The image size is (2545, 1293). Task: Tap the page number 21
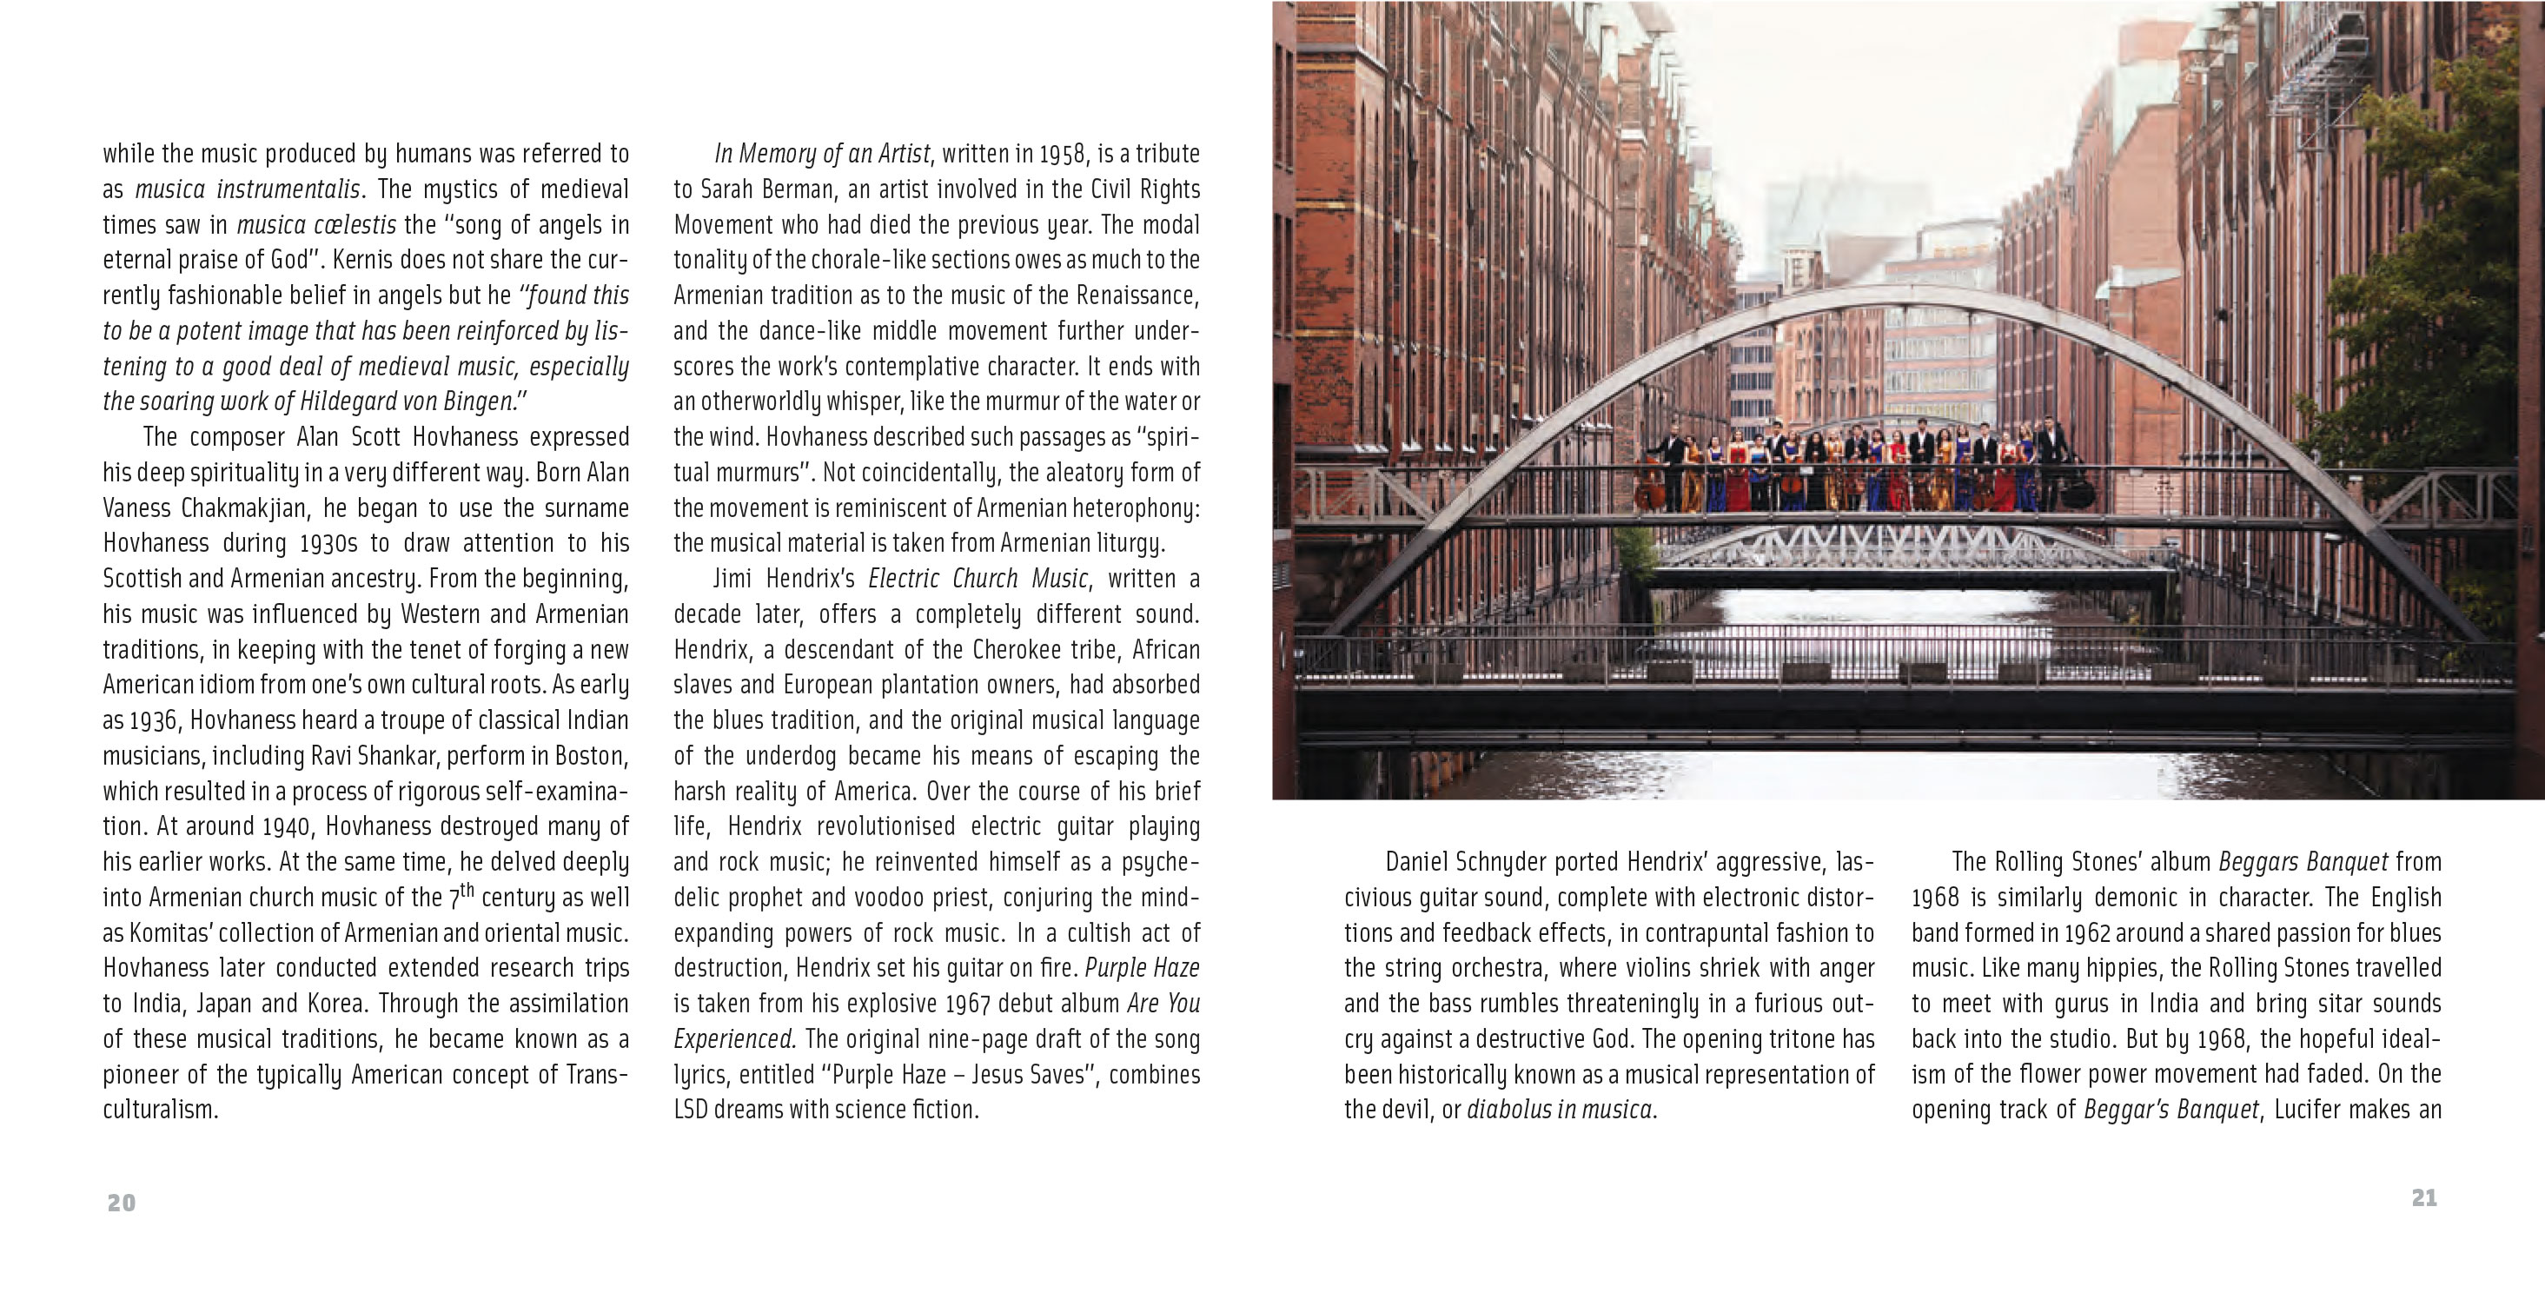coord(2423,1197)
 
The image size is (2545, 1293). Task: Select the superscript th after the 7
coord(467,890)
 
